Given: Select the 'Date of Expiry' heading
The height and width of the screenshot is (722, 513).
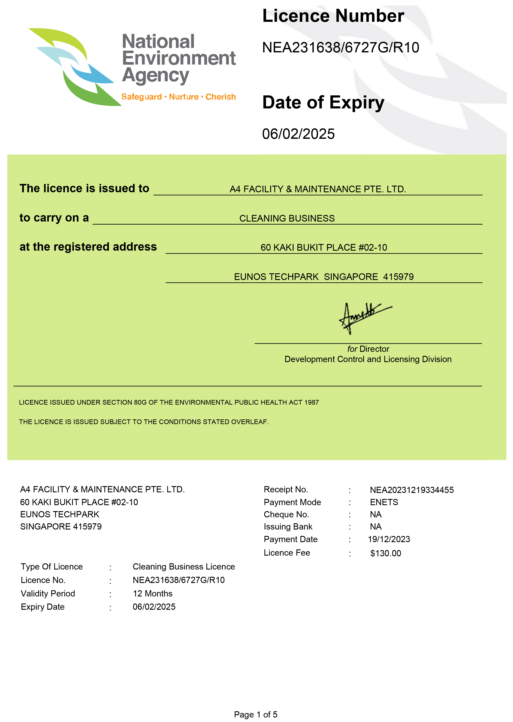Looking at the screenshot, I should (x=323, y=103).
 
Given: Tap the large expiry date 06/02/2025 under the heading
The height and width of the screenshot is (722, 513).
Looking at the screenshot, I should (x=298, y=134).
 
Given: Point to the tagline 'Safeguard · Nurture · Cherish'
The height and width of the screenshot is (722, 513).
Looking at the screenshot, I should (x=179, y=97).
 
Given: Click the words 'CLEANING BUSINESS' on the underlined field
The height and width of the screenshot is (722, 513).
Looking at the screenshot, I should (x=287, y=218).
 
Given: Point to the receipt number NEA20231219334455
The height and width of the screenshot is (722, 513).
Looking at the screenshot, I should (x=412, y=490).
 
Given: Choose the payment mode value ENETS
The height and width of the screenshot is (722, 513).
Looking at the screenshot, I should (x=384, y=502).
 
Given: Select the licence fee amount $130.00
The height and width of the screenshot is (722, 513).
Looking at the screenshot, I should (x=385, y=553).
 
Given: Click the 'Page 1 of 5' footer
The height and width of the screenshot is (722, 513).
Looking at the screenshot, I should (x=256, y=715).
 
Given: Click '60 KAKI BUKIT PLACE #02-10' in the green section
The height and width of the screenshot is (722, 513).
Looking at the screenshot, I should (x=324, y=247).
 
